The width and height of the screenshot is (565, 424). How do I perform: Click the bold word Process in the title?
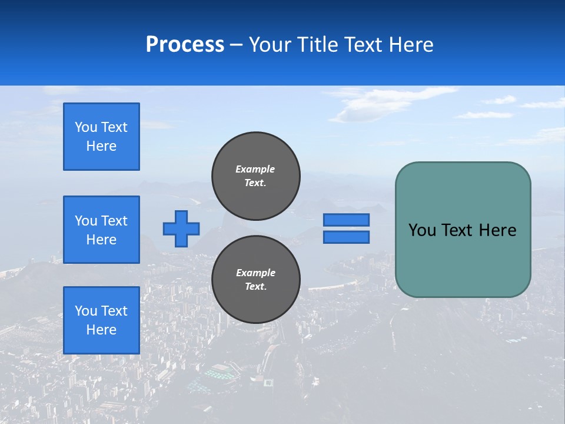point(185,45)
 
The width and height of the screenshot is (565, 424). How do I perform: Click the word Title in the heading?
point(314,45)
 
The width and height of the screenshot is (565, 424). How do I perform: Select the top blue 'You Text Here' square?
point(101,137)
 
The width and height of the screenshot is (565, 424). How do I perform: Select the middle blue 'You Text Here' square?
point(101,230)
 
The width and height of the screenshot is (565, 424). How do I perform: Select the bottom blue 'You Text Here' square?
point(101,320)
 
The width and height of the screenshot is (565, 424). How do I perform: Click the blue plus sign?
point(181,228)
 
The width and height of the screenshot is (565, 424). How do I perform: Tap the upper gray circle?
point(256,175)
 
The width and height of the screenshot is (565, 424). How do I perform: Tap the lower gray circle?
point(256,279)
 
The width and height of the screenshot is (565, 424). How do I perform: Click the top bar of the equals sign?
point(346,220)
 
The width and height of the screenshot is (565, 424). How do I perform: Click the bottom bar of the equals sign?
point(346,237)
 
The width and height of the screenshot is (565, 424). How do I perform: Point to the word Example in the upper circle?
point(255,169)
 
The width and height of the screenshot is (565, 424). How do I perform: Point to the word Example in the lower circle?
point(255,273)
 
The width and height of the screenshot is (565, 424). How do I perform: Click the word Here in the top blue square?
point(101,146)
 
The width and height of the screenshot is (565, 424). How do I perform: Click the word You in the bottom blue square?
point(86,311)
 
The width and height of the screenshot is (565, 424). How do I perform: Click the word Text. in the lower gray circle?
point(255,287)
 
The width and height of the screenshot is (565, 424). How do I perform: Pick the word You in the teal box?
point(421,230)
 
